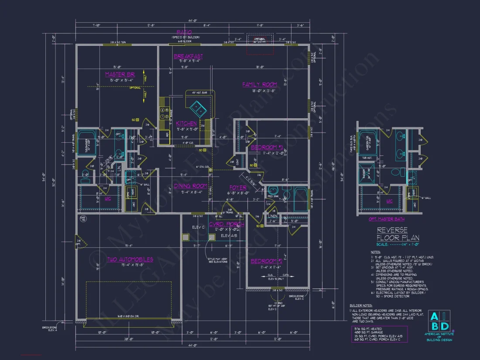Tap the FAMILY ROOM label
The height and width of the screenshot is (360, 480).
click(x=260, y=85)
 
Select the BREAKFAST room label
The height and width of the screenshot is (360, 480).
click(x=188, y=57)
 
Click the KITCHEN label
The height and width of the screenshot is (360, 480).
click(x=186, y=124)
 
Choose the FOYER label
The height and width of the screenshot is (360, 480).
click(x=238, y=188)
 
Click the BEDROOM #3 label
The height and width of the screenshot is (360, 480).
click(x=267, y=147)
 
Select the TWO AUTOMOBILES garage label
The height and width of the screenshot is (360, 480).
click(x=130, y=260)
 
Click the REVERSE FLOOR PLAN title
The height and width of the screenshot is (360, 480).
click(x=398, y=234)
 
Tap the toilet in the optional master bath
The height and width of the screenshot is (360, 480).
click(x=396, y=172)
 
